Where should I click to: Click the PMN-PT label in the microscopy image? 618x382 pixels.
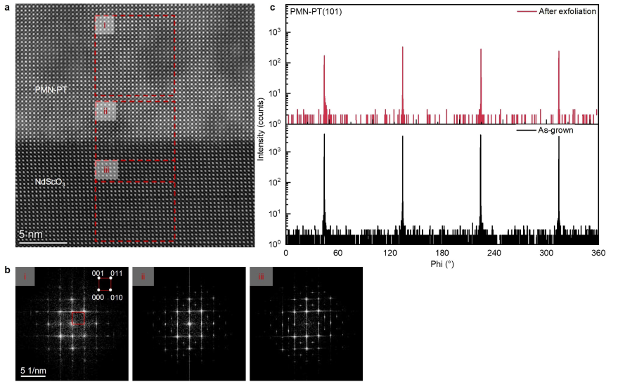[50, 90]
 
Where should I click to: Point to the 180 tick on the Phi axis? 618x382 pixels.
[442, 253]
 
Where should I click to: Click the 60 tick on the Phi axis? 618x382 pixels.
[337, 253]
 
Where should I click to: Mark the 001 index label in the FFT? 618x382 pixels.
[98, 274]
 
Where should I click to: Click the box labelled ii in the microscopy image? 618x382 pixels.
[105, 112]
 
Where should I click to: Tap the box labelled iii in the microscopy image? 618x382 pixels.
[106, 170]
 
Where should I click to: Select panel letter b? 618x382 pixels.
[8, 270]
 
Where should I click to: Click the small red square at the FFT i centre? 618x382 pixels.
[78, 318]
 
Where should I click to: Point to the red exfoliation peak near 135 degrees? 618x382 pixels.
[402, 70]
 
